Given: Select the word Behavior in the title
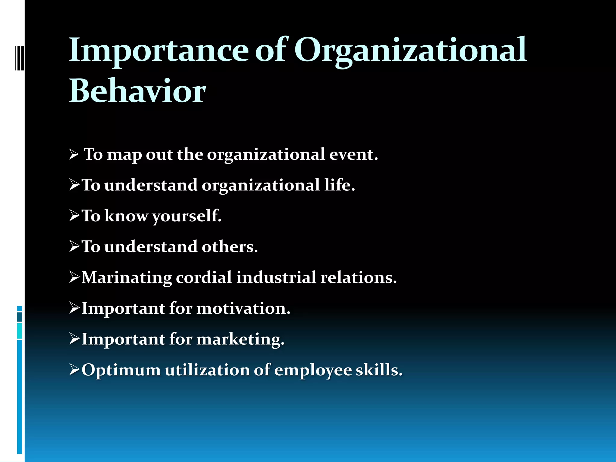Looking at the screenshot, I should click(137, 91).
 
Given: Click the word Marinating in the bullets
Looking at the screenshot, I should click(127, 277).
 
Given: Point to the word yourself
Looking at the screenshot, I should click(186, 216).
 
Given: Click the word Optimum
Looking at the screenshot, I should click(121, 370).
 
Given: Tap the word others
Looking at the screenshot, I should click(229, 247).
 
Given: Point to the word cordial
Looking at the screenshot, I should click(204, 277).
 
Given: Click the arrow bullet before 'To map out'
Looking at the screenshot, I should click(74, 155).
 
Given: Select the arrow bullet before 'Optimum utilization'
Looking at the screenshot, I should click(74, 370).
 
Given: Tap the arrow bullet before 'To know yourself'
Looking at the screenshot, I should click(74, 216).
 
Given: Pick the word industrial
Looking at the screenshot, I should click(276, 277).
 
